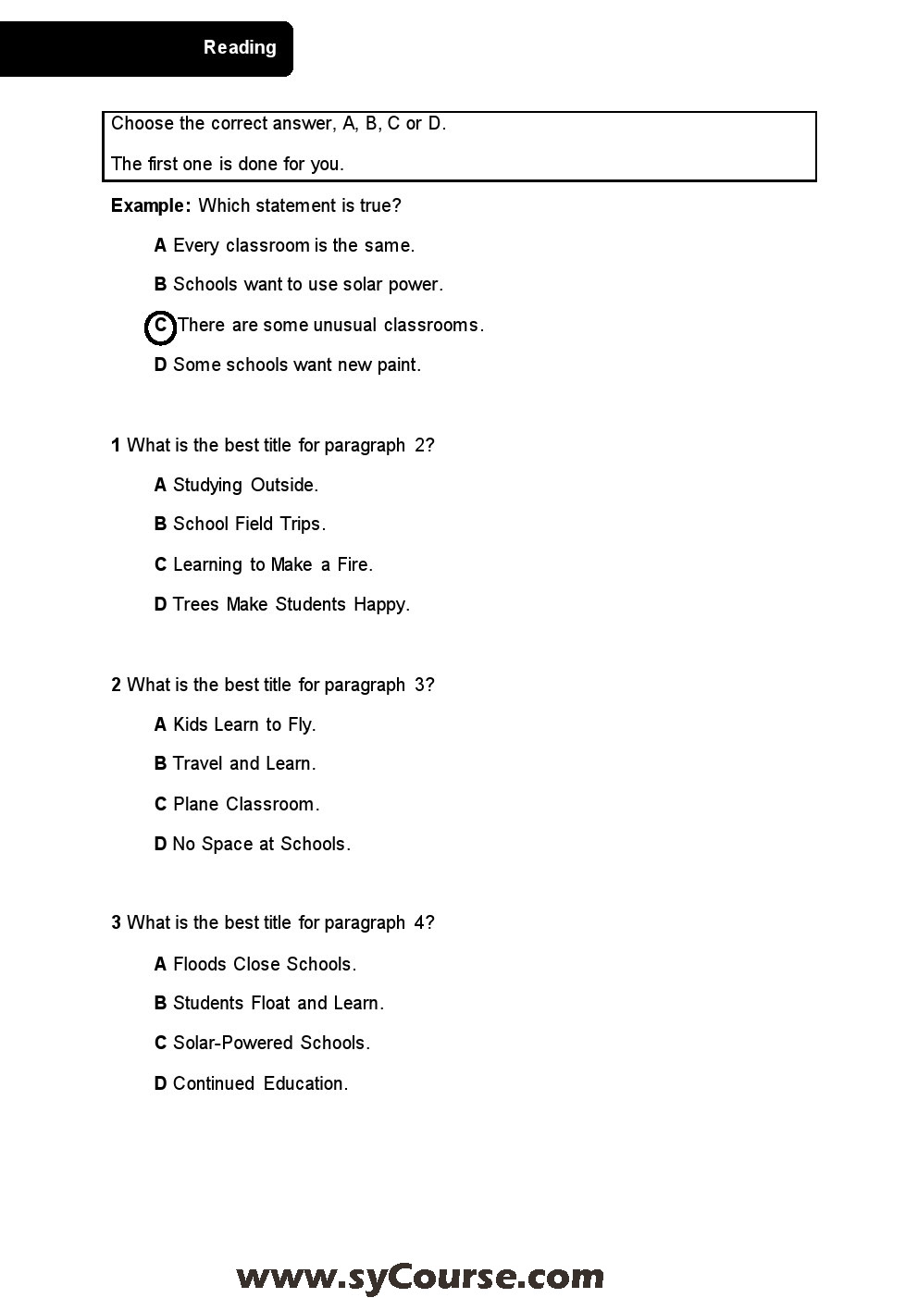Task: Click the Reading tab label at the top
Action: pos(240,47)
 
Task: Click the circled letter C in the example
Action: pos(160,326)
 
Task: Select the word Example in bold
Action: pos(150,205)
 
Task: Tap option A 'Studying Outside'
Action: pos(236,485)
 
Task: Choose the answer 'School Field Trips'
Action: pos(240,524)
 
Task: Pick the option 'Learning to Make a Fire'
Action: pos(263,564)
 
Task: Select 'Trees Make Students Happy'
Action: pos(281,604)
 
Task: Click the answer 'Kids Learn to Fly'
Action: pos(235,724)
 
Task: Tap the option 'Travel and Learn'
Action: pos(235,763)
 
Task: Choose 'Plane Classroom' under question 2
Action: pos(237,804)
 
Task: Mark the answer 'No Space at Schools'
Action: pos(252,844)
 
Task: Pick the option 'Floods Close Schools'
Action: pos(254,964)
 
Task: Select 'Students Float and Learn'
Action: pos(268,1003)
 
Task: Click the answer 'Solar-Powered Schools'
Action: pos(262,1043)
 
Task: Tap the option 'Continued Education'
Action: pos(251,1083)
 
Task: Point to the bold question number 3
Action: pos(116,922)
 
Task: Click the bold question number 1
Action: pos(116,445)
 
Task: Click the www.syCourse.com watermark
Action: pos(420,1277)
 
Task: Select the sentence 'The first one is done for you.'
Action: pos(228,164)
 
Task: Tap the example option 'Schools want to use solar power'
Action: pos(298,284)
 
